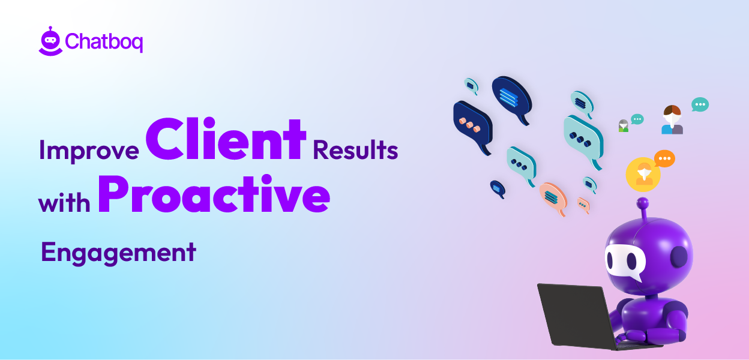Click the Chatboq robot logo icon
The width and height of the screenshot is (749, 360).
pos(50,41)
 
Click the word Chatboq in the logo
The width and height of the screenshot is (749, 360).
pos(104,42)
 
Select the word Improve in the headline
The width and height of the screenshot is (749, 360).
pos(89,151)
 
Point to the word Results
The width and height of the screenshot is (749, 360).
pos(355,150)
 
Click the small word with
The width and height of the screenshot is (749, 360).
pos(64,203)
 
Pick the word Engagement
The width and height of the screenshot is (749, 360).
pos(118,252)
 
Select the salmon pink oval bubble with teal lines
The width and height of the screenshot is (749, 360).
pos(553,196)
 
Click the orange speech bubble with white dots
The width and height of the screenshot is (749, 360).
pos(664,159)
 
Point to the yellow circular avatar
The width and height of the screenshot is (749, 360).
pos(643,174)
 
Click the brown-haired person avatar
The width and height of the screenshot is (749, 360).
pos(672,119)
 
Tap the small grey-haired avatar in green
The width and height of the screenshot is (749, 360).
pos(624,126)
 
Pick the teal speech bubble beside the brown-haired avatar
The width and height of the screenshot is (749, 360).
pos(700,105)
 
